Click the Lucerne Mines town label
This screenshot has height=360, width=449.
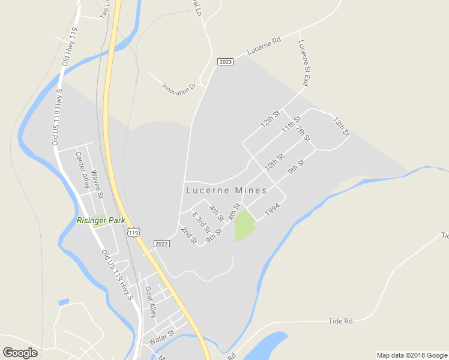(226, 190)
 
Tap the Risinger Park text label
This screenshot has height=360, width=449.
(101, 220)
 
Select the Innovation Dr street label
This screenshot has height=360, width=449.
(179, 87)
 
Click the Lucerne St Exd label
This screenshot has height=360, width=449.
(303, 63)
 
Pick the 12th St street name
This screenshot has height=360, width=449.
(271, 119)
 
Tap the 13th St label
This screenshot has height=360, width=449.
(341, 126)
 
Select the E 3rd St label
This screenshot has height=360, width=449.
(200, 223)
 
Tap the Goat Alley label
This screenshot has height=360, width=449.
(151, 302)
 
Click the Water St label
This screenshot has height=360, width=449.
(161, 335)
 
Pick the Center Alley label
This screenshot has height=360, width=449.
(82, 169)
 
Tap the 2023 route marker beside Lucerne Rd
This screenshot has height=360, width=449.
(226, 62)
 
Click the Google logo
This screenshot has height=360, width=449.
(20, 353)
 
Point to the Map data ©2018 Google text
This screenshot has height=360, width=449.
(412, 355)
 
